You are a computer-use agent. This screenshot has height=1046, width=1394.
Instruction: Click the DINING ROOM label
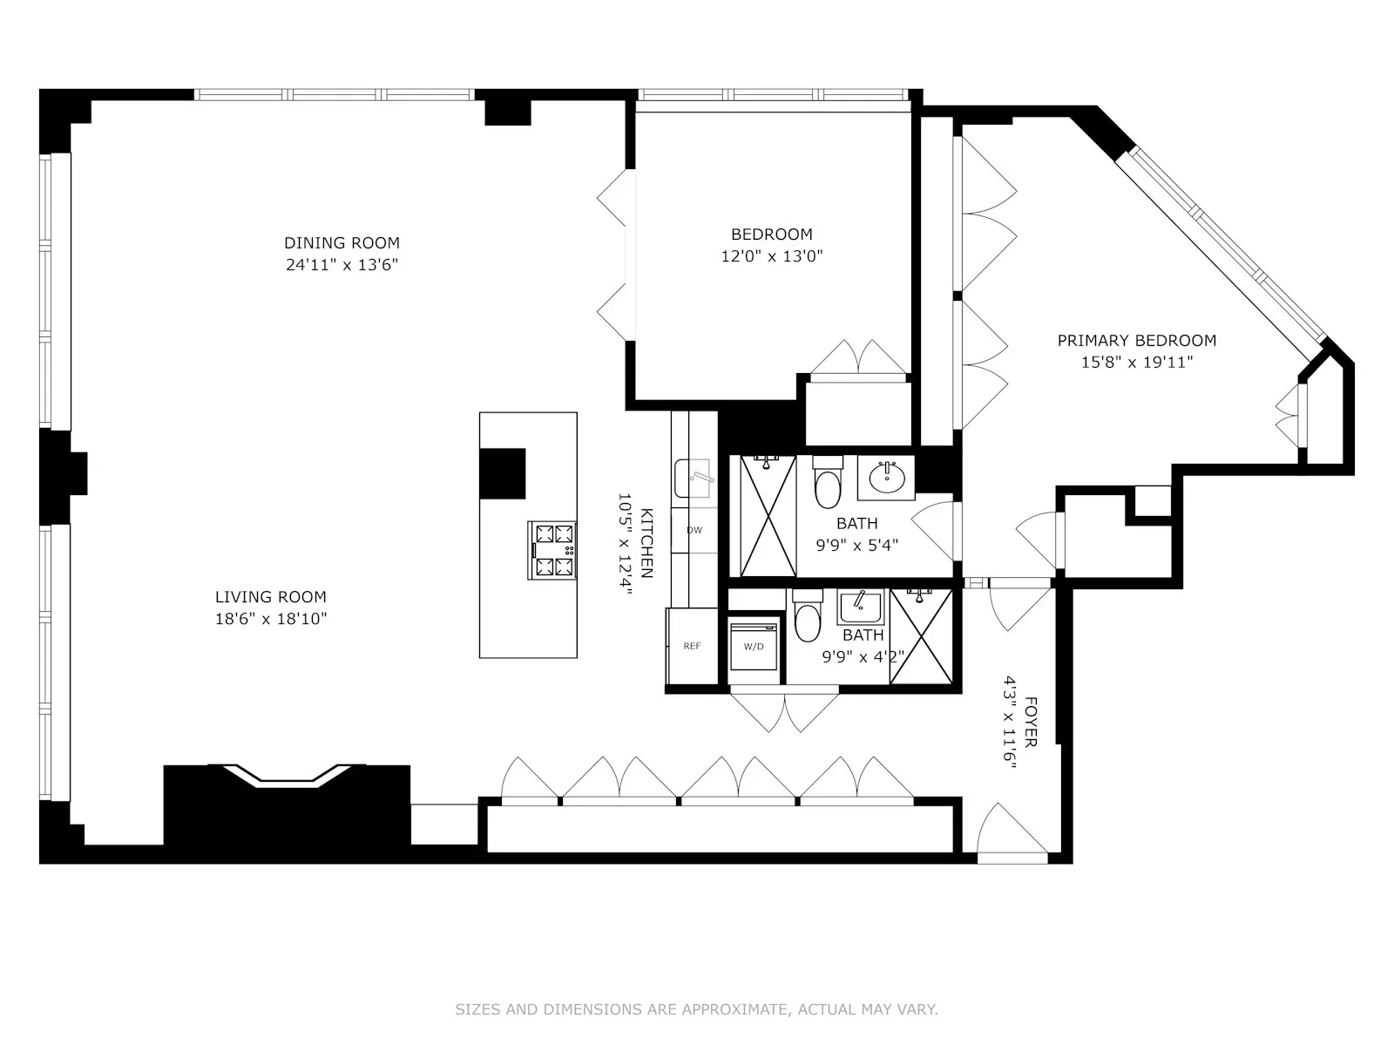(x=342, y=243)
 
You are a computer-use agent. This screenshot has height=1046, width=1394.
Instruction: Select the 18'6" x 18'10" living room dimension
(x=271, y=619)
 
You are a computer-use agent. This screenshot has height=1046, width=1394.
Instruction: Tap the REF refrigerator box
(x=692, y=646)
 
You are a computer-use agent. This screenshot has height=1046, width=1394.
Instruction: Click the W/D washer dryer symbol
(x=754, y=646)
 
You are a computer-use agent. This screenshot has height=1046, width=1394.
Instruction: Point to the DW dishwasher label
(x=694, y=530)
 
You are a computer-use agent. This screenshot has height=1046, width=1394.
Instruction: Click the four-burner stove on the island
(x=552, y=550)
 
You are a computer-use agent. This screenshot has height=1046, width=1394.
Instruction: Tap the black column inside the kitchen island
(x=503, y=473)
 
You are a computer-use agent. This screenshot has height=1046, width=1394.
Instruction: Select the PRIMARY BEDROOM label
(x=1136, y=341)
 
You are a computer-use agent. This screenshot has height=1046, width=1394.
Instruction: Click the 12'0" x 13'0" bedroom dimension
(x=772, y=256)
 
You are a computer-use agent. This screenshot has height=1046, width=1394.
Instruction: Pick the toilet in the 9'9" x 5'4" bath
(x=827, y=485)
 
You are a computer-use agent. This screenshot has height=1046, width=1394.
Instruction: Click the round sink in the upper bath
(x=887, y=477)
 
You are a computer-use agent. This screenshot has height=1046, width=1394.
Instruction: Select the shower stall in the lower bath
(x=921, y=636)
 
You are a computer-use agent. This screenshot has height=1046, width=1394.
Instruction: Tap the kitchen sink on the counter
(x=694, y=478)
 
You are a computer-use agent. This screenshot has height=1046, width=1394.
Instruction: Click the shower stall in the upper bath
(x=768, y=516)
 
